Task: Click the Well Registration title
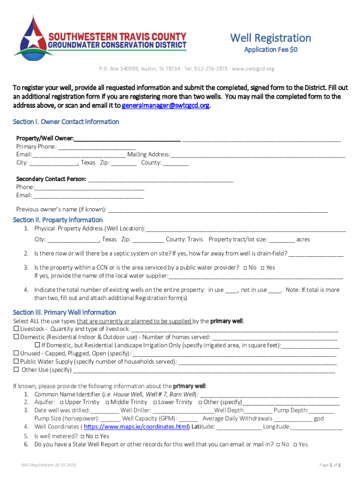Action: point(270,38)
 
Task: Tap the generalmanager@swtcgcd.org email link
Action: point(165,105)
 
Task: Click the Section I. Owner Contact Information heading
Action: point(66,122)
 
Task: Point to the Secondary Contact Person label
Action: point(51,179)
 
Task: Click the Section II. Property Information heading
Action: point(58,220)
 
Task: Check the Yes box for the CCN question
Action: point(262,268)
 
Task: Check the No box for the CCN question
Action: point(245,268)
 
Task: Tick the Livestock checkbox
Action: point(16,329)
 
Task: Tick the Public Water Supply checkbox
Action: point(16,361)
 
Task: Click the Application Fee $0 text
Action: point(271,50)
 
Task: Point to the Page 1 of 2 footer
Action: point(330,465)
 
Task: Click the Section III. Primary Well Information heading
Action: point(65,312)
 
